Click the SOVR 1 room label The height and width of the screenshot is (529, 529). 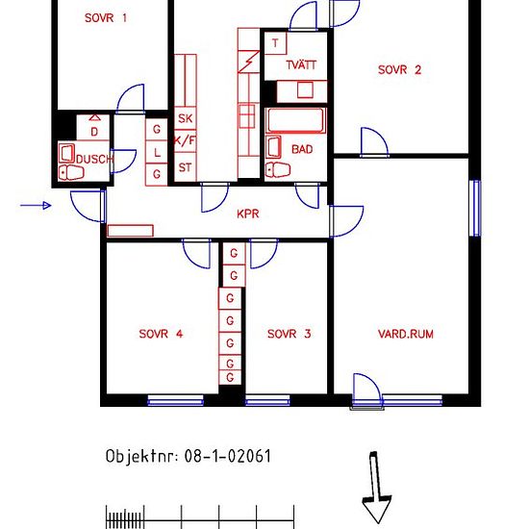tap(106, 18)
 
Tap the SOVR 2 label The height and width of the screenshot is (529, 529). tap(399, 70)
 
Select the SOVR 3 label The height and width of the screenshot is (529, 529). tap(289, 334)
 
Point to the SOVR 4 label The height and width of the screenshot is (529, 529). tap(161, 334)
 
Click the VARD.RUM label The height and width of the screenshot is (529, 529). tap(406, 334)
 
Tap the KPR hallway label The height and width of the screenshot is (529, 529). tap(248, 214)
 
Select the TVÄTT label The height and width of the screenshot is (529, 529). tap(301, 64)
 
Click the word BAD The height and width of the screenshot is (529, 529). tap(302, 149)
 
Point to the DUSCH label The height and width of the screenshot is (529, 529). tap(94, 159)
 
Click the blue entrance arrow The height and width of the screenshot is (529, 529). tap(36, 205)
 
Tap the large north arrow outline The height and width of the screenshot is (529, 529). tap(376, 488)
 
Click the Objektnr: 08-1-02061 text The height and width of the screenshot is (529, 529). tap(189, 456)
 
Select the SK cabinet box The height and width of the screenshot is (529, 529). tap(186, 118)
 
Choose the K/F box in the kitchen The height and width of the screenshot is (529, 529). tap(186, 140)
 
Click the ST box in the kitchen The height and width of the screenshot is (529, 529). tap(186, 167)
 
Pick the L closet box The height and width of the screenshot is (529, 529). tap(157, 153)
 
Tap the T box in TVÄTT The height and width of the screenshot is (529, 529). tap(275, 43)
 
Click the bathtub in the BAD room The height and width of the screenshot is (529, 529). tap(295, 120)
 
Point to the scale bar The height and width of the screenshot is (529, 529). tap(200, 516)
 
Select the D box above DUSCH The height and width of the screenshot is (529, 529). tap(93, 128)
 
